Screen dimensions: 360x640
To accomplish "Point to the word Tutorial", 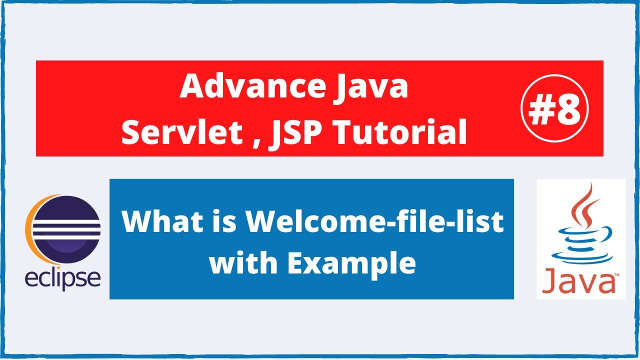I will point(400,132).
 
